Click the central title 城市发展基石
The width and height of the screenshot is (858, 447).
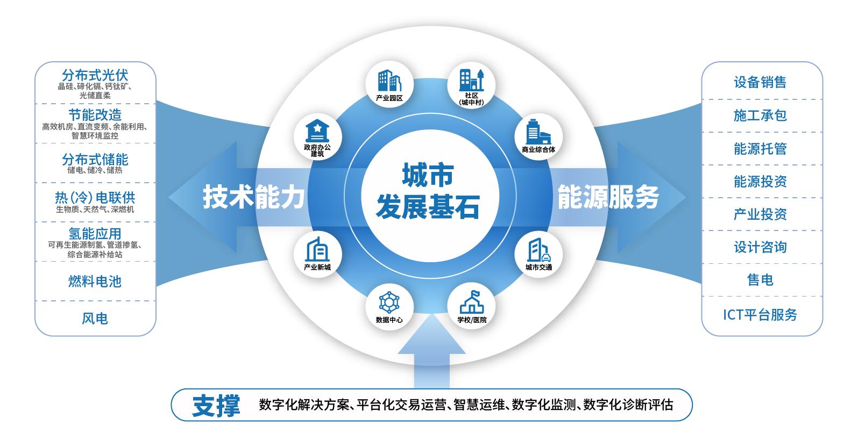coord(428,191)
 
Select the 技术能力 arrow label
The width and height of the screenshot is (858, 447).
coord(253,197)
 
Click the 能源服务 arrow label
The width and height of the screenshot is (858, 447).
coord(608,197)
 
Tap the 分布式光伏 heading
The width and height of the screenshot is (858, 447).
coord(95,75)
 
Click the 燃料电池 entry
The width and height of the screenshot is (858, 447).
coord(95,281)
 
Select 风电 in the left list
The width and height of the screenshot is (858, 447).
coord(95,319)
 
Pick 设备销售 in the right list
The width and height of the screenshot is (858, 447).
coord(760,82)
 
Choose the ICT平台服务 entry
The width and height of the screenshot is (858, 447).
coord(760,315)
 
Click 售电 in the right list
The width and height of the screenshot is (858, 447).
coord(760,280)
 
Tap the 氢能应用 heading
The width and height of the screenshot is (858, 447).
coord(95,234)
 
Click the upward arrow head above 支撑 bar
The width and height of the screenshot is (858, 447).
coord(431,336)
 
